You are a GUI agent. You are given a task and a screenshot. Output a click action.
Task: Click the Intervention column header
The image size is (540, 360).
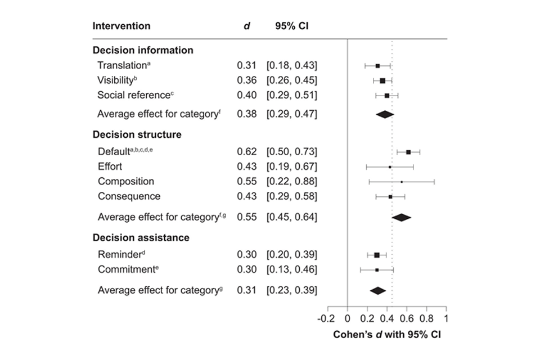click(x=121, y=26)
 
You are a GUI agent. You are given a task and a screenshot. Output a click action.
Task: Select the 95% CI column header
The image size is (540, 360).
click(x=291, y=26)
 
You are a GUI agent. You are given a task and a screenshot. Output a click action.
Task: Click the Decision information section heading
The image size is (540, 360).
click(x=142, y=50)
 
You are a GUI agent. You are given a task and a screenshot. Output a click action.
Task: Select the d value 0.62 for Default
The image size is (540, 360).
click(x=246, y=152)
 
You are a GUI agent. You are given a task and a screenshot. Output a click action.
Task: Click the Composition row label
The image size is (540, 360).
click(x=126, y=182)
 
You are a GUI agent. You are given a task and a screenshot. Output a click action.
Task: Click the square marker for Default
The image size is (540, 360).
click(x=408, y=152)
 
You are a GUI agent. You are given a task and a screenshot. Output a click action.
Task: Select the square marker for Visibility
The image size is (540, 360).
click(x=382, y=81)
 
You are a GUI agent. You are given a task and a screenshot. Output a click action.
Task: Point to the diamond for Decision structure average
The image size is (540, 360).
click(x=402, y=217)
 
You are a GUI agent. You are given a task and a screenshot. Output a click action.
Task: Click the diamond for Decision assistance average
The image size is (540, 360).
click(x=377, y=291)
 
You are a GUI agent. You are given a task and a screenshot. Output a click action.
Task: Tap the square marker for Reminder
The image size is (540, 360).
click(x=377, y=255)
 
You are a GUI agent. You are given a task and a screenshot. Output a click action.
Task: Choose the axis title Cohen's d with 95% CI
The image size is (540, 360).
click(x=388, y=334)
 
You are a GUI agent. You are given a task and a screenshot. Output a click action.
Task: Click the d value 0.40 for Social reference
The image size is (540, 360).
click(x=246, y=96)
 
